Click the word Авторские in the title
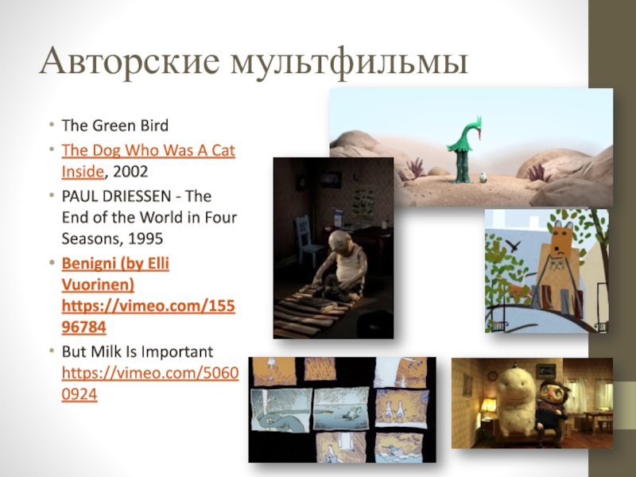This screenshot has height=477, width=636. (130, 61)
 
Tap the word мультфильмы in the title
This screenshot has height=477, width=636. (349, 62)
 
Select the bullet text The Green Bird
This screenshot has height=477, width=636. (114, 126)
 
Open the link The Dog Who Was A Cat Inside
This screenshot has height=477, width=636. (148, 161)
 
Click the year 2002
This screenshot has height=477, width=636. (130, 172)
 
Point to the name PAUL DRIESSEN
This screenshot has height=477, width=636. (116, 196)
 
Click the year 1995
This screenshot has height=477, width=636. (145, 238)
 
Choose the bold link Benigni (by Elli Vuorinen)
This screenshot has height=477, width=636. (115, 273)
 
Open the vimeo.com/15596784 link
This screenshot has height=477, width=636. (148, 316)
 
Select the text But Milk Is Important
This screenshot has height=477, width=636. (137, 351)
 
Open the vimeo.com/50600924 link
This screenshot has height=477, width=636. (150, 383)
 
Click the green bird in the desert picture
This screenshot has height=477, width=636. (464, 149)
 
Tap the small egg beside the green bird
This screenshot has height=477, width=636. (483, 177)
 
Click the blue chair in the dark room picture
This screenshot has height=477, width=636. (308, 240)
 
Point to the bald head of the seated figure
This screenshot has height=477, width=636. (339, 242)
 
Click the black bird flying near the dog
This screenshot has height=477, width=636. (513, 245)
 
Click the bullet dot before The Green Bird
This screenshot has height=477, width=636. (51, 124)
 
